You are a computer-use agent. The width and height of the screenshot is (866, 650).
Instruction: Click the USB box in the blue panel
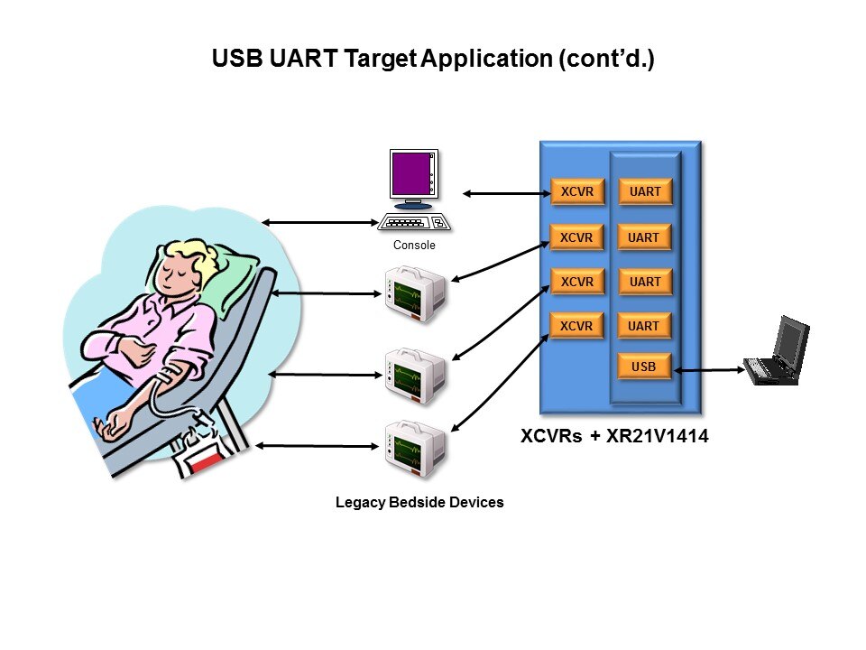click(x=645, y=367)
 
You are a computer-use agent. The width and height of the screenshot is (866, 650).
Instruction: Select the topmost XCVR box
click(x=577, y=192)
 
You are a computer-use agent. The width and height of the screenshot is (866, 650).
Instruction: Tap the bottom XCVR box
click(x=577, y=326)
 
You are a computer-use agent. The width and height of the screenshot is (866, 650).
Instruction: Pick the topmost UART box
click(x=645, y=192)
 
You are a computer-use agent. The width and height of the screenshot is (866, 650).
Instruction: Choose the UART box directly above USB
click(x=645, y=326)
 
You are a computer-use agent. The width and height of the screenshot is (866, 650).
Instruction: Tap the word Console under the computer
click(x=414, y=246)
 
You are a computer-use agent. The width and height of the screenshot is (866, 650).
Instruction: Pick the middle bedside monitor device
click(x=415, y=372)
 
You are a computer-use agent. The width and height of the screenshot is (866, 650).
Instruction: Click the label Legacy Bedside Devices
click(x=419, y=502)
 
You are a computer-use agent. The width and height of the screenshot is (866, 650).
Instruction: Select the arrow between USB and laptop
click(x=709, y=369)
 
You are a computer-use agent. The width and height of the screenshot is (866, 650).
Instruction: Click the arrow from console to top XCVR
click(x=505, y=192)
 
